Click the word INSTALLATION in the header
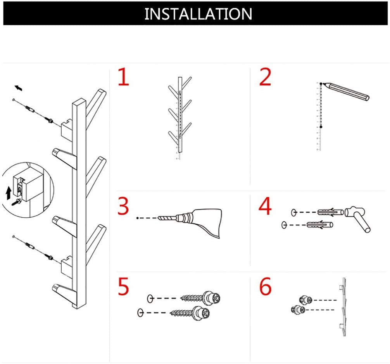click(198, 14)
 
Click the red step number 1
click(124, 77)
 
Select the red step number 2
click(265, 77)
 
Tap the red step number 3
click(123, 206)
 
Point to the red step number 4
click(265, 206)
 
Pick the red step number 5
click(123, 286)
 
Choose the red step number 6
click(266, 286)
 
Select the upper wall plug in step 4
click(330, 212)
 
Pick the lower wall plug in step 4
click(319, 225)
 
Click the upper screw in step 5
click(200, 298)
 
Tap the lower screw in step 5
click(190, 312)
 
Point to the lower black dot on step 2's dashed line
click(321, 127)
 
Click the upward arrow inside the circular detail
click(9, 193)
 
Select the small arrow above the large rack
click(18, 88)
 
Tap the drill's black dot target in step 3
click(137, 218)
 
